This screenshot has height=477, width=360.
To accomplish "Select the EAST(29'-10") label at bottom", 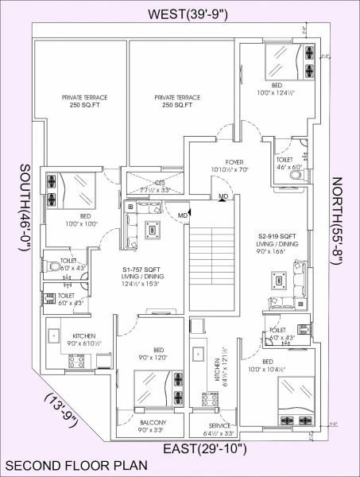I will pos(205,450).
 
